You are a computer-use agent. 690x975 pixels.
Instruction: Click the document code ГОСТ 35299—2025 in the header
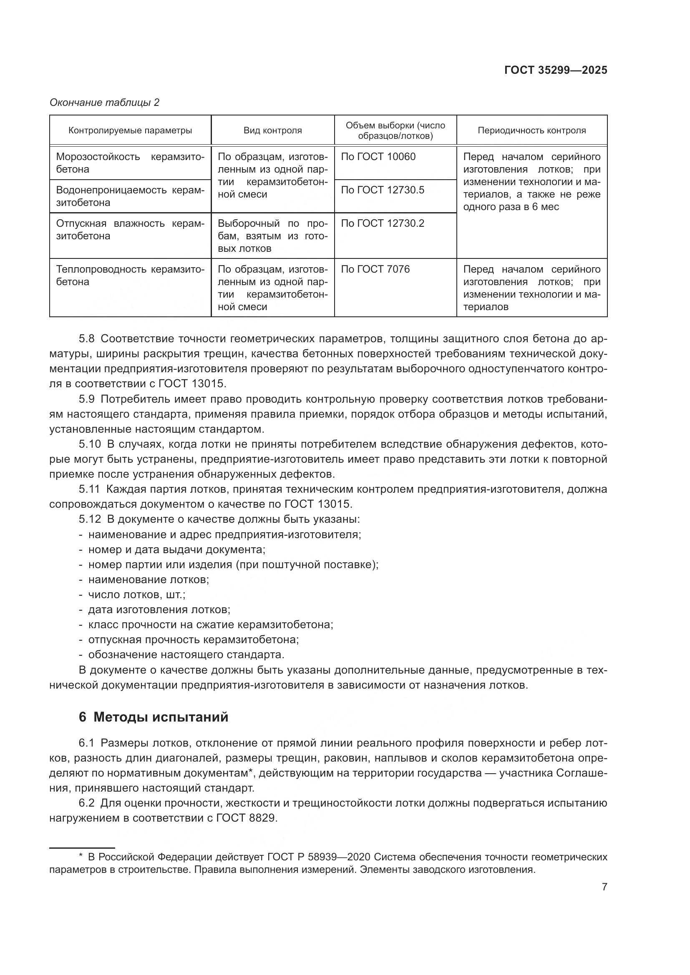point(555,70)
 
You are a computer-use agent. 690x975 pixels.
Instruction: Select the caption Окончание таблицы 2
point(105,103)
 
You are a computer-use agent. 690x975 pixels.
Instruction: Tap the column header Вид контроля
point(272,130)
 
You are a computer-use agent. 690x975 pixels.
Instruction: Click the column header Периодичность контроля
point(531,130)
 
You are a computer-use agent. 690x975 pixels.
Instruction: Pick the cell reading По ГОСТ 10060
point(378,157)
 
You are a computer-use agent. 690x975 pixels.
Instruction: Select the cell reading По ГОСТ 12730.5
point(383,190)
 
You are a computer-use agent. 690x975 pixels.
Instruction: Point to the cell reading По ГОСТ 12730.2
point(383,223)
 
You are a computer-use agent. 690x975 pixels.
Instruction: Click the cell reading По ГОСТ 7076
point(375,269)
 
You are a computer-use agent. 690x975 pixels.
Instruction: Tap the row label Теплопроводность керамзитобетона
point(130,276)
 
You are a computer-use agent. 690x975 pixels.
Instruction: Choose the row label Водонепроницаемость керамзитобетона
point(130,196)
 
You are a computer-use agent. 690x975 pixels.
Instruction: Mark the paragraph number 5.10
point(89,444)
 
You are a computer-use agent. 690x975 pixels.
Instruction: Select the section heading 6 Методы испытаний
point(154,717)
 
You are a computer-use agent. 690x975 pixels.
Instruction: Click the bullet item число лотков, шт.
point(136,594)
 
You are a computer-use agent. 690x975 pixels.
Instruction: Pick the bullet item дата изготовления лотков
point(159,610)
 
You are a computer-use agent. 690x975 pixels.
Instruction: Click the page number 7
point(604,887)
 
